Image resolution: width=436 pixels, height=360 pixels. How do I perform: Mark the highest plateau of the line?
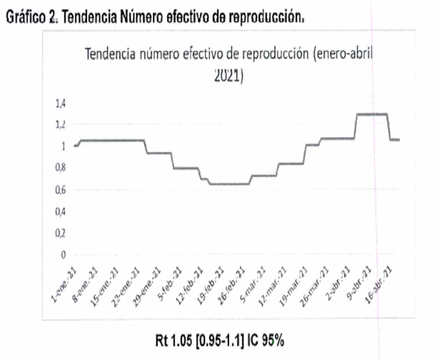click(x=371, y=114)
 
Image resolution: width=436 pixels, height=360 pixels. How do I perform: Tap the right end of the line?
click(x=399, y=140)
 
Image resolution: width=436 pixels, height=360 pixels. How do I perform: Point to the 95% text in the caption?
click(x=272, y=341)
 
